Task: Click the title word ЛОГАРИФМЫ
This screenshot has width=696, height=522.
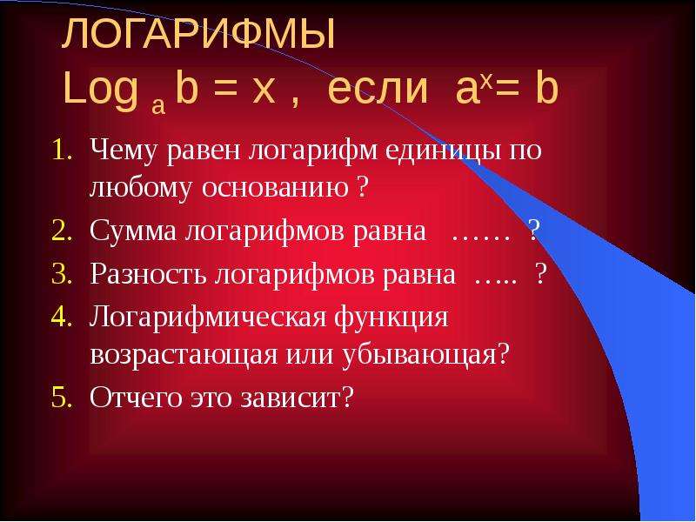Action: click(x=198, y=34)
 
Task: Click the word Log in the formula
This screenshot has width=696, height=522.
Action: click(x=100, y=90)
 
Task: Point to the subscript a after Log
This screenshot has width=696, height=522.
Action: click(x=158, y=106)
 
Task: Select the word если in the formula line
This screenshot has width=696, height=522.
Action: click(x=378, y=90)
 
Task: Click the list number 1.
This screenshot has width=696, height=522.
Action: click(x=62, y=151)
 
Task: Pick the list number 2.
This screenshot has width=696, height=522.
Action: click(x=62, y=231)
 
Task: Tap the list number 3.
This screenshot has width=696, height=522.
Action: click(x=62, y=274)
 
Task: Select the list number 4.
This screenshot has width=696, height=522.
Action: click(x=62, y=317)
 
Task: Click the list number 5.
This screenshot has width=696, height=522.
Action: click(x=62, y=398)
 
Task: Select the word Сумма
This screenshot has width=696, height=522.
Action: click(x=133, y=231)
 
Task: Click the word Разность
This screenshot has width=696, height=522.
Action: click(x=148, y=274)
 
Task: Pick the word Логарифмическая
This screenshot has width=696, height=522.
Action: click(x=208, y=318)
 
